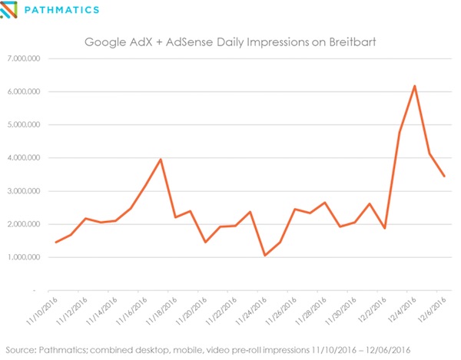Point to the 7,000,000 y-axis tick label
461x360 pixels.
pos(26,58)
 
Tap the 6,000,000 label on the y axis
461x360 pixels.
pos(26,91)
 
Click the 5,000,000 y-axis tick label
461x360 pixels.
pos(26,124)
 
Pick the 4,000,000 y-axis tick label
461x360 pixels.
pos(26,158)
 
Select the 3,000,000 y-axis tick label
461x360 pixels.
pos(26,191)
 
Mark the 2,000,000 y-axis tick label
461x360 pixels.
pos(26,224)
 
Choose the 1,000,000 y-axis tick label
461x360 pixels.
pos(26,257)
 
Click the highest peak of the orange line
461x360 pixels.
pos(415,86)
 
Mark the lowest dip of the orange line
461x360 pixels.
pos(265,256)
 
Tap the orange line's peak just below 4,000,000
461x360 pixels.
pos(160,160)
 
